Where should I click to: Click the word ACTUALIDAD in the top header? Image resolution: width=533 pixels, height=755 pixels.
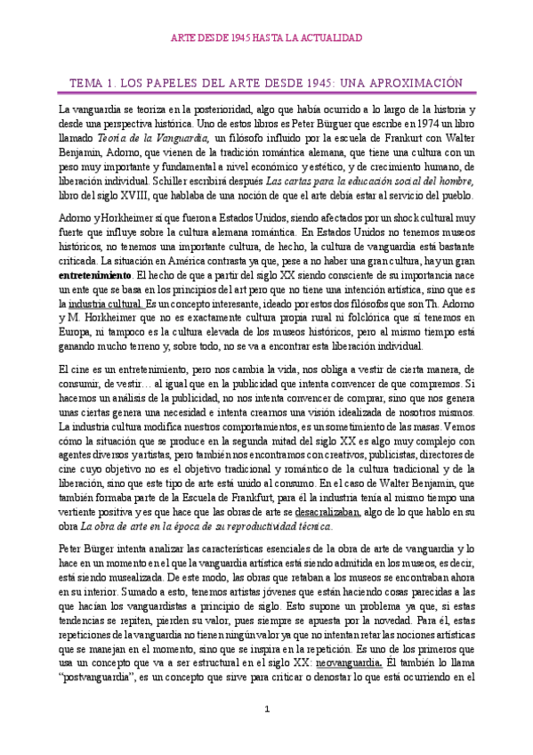[x=330, y=38]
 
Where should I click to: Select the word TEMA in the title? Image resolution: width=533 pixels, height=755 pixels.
[x=87, y=83]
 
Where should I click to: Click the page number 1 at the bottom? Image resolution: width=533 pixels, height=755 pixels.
[x=266, y=733]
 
